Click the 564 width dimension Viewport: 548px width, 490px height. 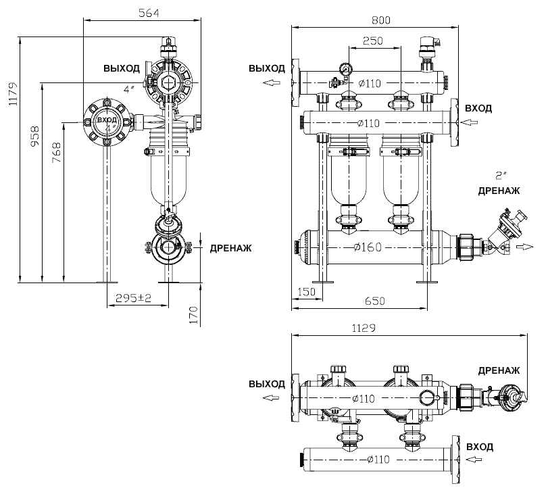pyautogui.click(x=149, y=13)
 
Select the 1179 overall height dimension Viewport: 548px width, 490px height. pyautogui.click(x=13, y=94)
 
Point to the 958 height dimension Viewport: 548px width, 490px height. pyautogui.click(x=35, y=137)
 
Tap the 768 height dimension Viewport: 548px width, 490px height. pyautogui.click(x=56, y=152)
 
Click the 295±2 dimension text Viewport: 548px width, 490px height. pyautogui.click(x=133, y=298)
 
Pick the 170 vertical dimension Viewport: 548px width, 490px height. pyautogui.click(x=193, y=315)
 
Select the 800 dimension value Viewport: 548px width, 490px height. pyautogui.click(x=381, y=20)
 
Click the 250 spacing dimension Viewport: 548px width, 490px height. pyautogui.click(x=372, y=41)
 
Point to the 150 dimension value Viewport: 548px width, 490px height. pyautogui.click(x=306, y=292)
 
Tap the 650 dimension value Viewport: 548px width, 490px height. pyautogui.click(x=374, y=301)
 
